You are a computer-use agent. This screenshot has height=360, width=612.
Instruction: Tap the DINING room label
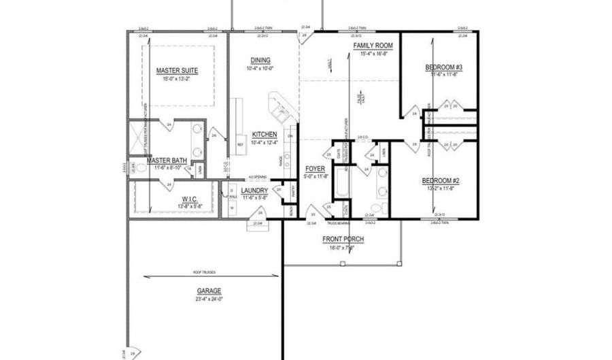point(260,60)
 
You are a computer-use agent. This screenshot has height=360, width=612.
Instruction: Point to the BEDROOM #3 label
point(444,67)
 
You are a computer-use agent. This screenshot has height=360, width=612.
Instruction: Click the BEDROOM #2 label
point(441,180)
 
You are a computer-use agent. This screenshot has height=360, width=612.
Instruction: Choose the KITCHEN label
point(264,134)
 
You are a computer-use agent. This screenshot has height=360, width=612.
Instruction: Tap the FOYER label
point(315,168)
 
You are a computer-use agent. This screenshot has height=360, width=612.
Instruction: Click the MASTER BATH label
point(167,161)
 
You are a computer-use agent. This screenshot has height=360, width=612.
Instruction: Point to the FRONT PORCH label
point(343,239)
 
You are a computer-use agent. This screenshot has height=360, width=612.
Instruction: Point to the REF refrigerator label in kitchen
point(240,145)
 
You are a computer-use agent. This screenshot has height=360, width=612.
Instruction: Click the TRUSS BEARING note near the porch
point(337,223)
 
